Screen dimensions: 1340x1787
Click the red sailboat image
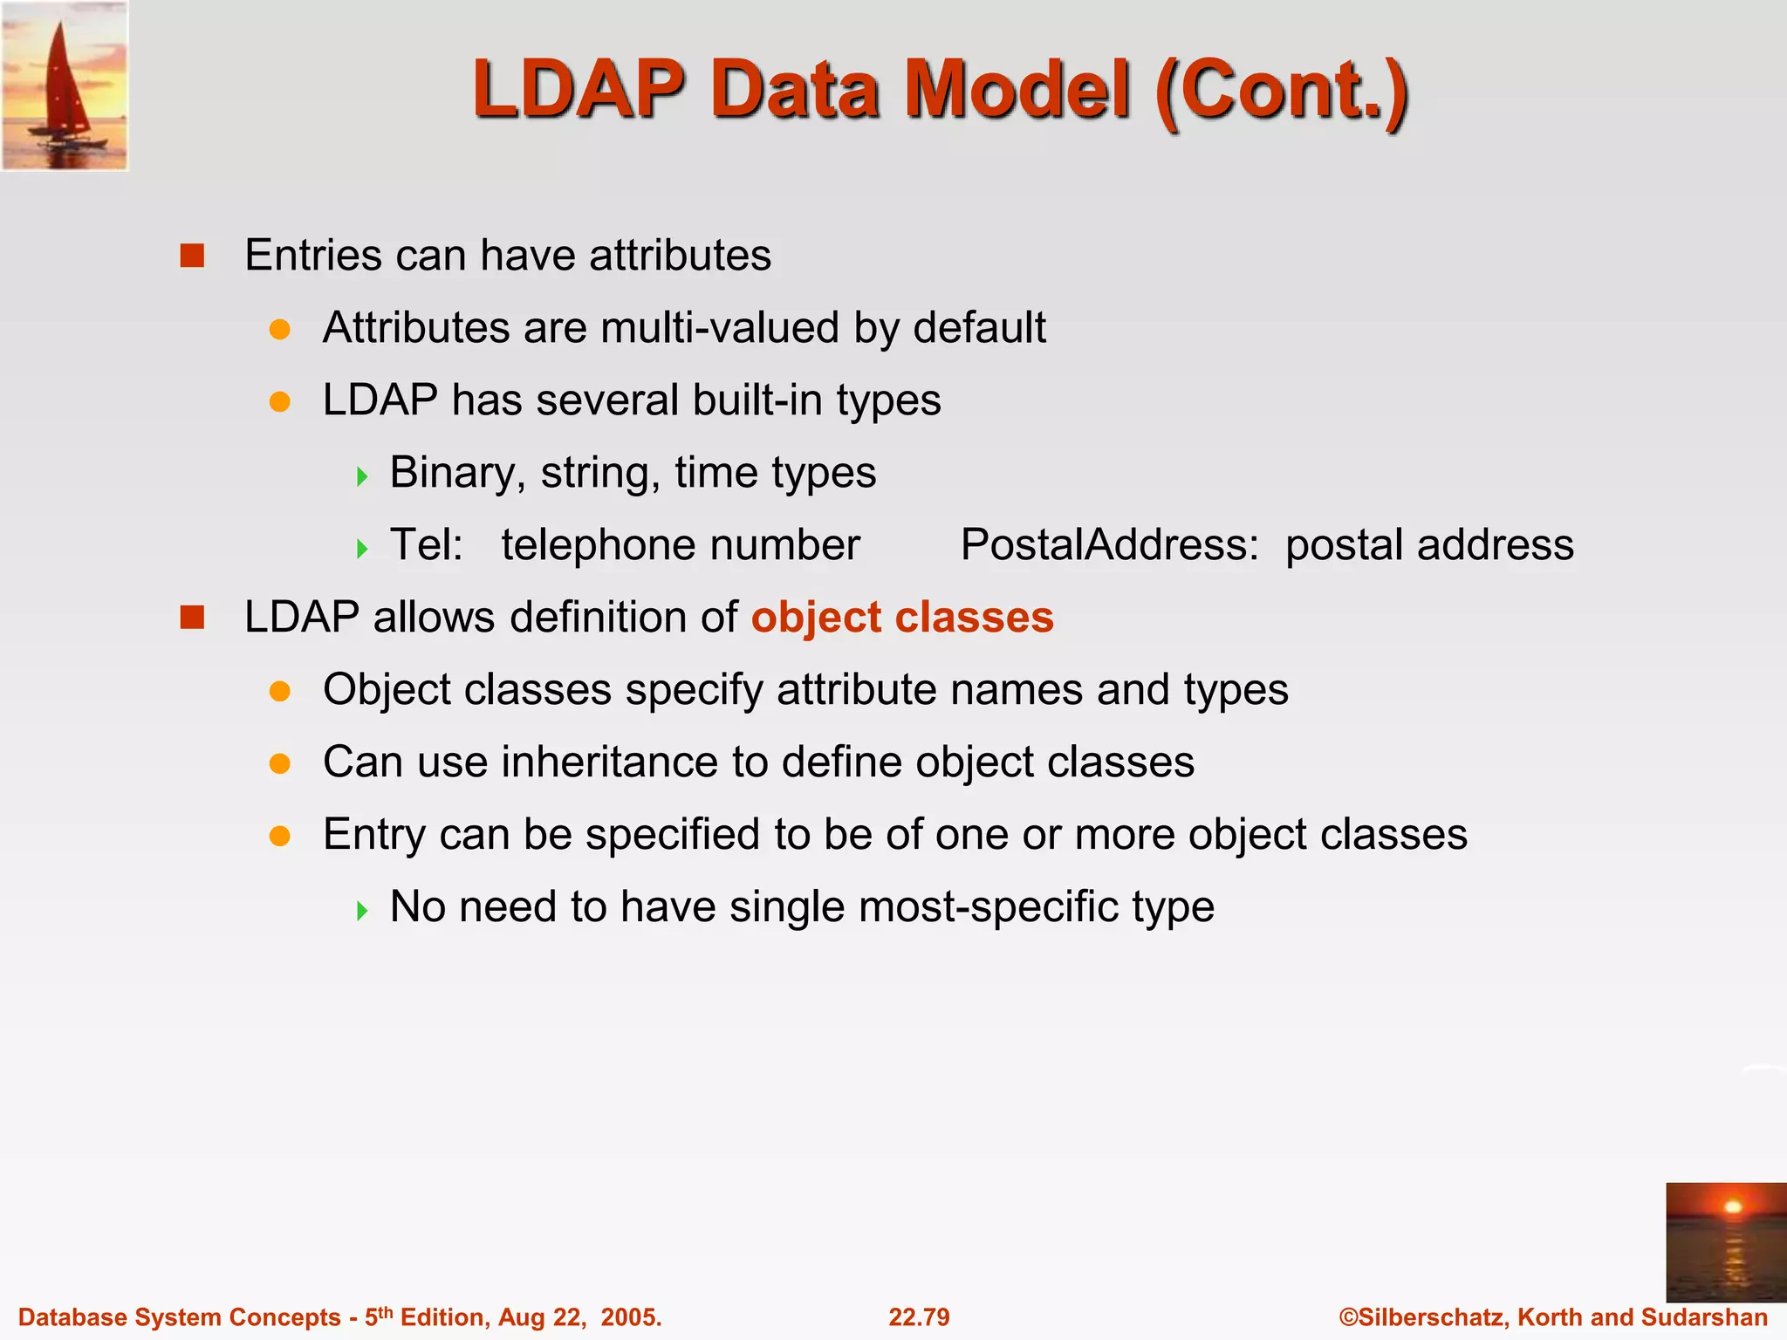tap(65, 85)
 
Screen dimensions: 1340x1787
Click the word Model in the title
tap(1017, 90)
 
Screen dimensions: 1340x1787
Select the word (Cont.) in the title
tap(1281, 90)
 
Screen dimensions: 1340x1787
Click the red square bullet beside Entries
tap(192, 256)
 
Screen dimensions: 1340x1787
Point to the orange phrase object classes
tap(902, 618)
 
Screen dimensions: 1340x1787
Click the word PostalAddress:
tap(1109, 545)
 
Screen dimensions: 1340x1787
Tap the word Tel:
tap(426, 545)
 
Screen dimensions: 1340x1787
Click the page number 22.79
tap(919, 1316)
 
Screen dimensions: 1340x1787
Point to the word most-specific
tap(988, 907)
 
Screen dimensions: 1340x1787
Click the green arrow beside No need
tap(363, 912)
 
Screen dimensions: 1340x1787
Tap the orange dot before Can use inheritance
tap(279, 764)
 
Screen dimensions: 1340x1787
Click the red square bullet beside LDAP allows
tap(192, 618)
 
